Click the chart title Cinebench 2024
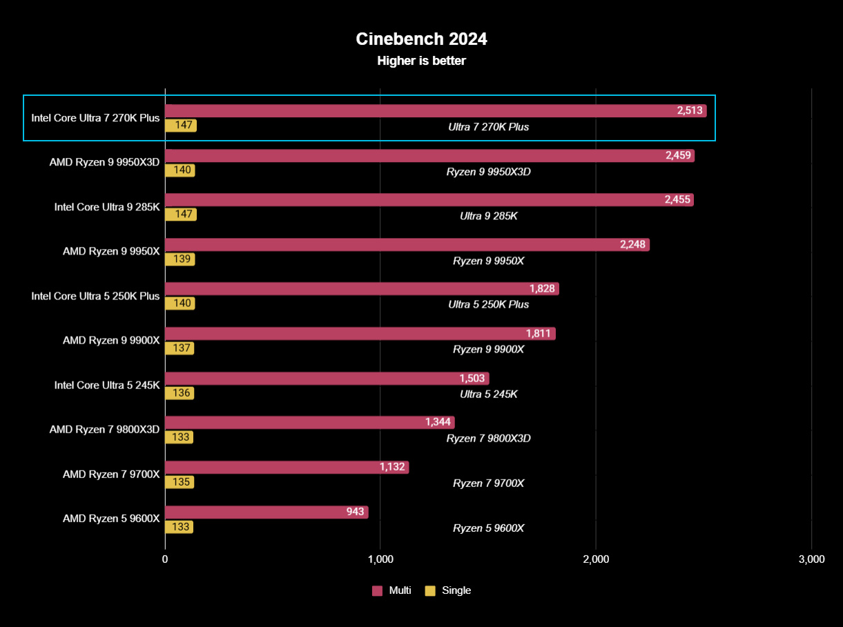coord(421,39)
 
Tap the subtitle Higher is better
coord(421,61)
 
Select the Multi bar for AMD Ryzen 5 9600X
coord(266,512)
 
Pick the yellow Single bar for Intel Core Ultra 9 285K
coord(180,215)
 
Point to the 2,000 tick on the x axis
coord(596,559)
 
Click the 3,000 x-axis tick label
coord(811,559)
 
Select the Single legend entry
coord(448,590)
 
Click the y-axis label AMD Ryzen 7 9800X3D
coord(104,429)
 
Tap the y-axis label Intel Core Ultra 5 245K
coord(107,385)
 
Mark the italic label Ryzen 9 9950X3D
coord(488,172)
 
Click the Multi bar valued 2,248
coord(407,244)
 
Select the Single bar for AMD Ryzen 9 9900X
coord(179,348)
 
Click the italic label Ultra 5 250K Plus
coord(488,304)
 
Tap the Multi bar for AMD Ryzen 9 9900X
coord(360,334)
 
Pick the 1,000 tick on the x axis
coord(380,559)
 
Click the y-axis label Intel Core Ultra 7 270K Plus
coord(95,118)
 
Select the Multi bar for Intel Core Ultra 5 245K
coord(327,378)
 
